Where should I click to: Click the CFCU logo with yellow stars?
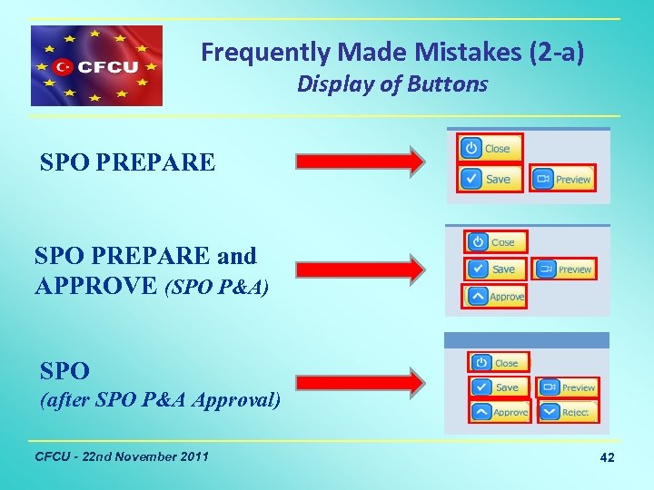coord(96,66)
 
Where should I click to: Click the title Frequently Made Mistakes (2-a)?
coord(392,53)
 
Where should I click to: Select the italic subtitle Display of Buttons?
coord(392,84)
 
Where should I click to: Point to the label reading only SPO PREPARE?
coord(127,162)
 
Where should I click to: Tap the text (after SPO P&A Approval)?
coord(160,400)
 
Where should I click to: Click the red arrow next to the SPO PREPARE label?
coord(361,162)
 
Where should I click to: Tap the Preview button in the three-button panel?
coord(563,179)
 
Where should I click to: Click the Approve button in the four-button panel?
coord(496,297)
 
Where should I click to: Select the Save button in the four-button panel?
coord(496,269)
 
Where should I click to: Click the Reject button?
coord(567,412)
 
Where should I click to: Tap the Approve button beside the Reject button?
coord(500,412)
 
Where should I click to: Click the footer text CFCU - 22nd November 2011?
coord(120,456)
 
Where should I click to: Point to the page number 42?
coord(607,458)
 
